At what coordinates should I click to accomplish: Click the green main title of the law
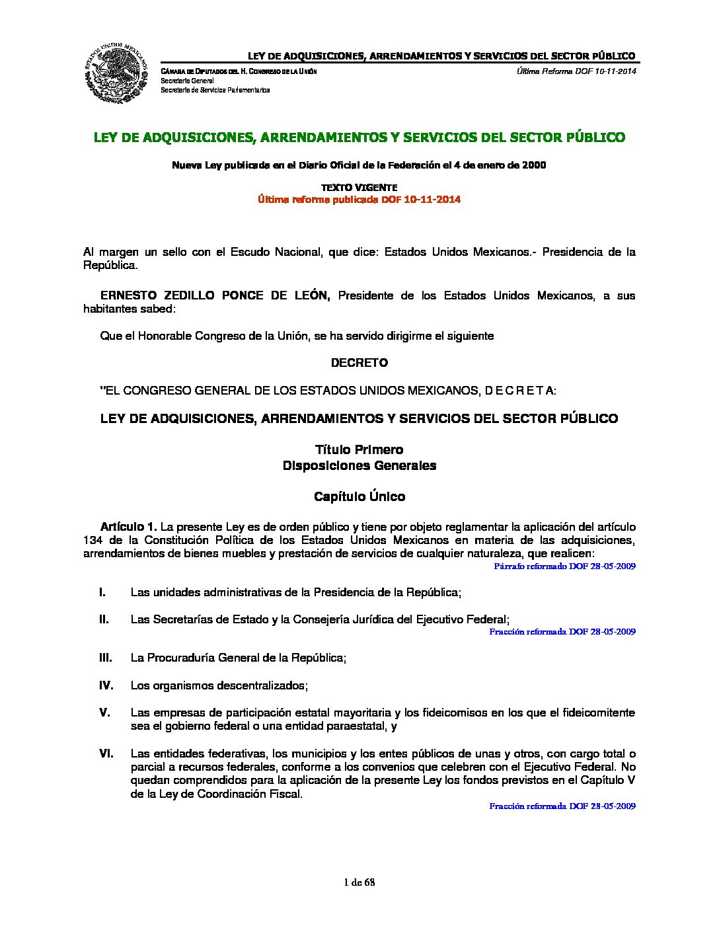359,137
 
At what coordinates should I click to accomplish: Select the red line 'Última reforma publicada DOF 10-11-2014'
359,200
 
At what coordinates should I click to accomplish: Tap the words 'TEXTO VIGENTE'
359,188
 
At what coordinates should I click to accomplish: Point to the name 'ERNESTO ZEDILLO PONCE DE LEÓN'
215,295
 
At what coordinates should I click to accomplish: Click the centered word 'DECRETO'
359,363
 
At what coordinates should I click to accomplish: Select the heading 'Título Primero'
359,450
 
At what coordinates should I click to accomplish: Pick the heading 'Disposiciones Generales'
359,465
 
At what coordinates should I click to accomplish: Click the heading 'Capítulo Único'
359,496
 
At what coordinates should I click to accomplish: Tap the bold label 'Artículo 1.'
128,527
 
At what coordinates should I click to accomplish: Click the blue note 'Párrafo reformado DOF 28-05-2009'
564,566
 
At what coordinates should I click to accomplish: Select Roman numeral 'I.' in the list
102,592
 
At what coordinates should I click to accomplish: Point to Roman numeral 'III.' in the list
105,658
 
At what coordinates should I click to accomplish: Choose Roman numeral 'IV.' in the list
106,685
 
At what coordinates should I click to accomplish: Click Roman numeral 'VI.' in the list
106,754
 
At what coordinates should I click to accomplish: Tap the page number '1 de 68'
359,882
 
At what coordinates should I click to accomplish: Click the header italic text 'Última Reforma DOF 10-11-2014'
576,71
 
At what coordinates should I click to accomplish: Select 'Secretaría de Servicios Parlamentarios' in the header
215,90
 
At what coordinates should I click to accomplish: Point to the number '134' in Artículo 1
93,540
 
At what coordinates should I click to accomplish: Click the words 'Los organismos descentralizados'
219,685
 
